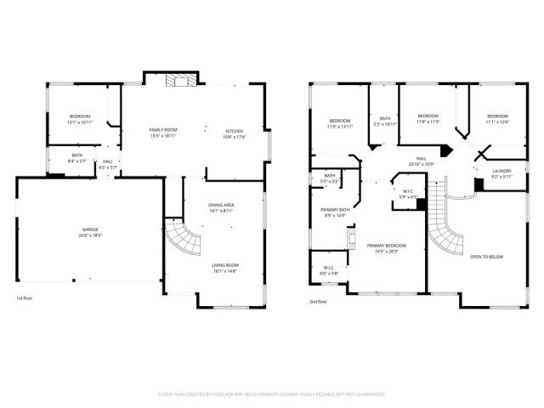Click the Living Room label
point(225,268)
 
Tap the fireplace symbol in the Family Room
point(179,81)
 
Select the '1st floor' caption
point(25,299)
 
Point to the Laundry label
point(501,173)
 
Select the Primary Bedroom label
point(386,248)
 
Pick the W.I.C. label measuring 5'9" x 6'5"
point(408,192)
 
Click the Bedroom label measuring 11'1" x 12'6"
point(497,119)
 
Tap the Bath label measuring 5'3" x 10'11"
point(385,122)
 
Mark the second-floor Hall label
point(422,160)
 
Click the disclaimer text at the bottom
point(272,394)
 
